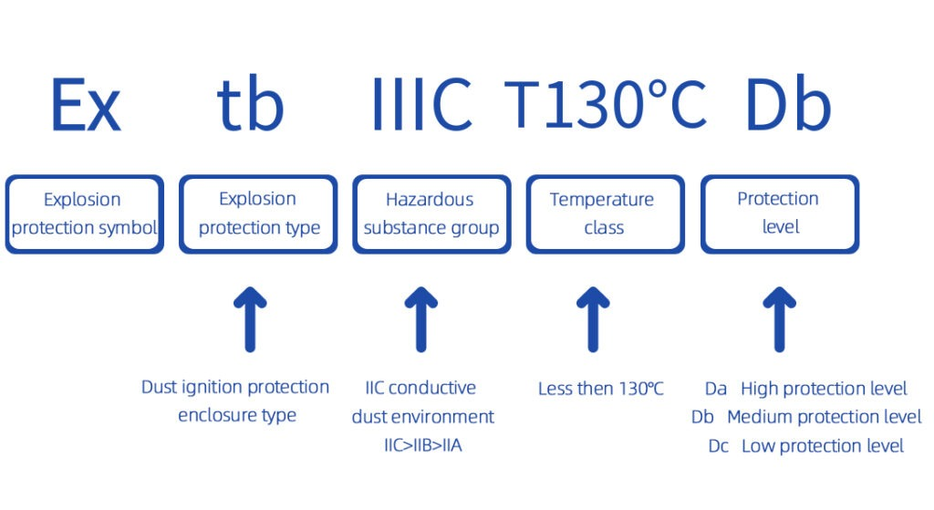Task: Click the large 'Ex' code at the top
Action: (87, 105)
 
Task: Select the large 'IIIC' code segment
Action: (421, 104)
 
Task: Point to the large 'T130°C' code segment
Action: (606, 104)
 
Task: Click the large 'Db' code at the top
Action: (787, 104)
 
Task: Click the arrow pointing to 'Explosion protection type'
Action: (250, 319)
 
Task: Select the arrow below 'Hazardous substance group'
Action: (421, 319)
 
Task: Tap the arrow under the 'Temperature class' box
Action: (593, 319)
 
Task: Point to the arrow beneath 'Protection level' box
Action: (779, 319)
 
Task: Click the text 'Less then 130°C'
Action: (600, 389)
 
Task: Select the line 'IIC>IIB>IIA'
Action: (423, 445)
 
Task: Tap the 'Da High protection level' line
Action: (806, 389)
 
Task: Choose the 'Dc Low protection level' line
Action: (806, 445)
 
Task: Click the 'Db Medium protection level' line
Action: (806, 416)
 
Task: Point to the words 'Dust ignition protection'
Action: (235, 387)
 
